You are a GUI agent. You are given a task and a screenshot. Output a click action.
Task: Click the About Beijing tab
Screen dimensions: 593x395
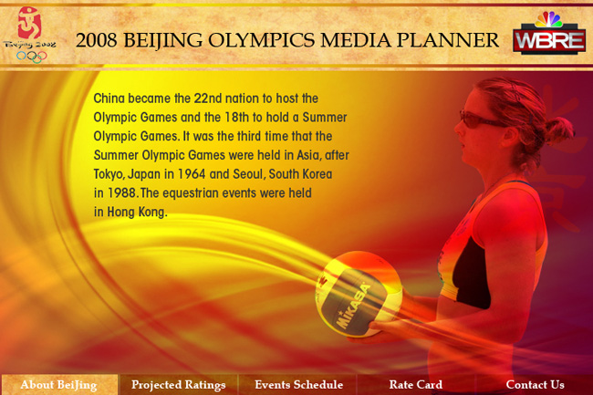click(59, 385)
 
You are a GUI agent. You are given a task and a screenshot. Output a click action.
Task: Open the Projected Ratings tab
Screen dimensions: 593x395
click(178, 385)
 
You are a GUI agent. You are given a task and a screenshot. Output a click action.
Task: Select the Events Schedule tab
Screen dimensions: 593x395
click(298, 385)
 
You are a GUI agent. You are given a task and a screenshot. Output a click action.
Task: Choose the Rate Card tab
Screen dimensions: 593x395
click(416, 385)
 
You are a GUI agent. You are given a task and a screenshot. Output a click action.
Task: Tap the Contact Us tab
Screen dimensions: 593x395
click(535, 385)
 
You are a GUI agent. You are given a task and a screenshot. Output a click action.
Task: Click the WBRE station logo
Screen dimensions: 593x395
click(549, 39)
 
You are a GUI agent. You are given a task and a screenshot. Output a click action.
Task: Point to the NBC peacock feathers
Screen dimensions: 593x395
click(549, 19)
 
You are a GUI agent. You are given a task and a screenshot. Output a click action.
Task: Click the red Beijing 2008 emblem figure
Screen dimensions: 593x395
click(29, 23)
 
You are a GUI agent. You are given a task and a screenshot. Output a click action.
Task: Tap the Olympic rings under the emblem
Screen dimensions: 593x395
click(32, 57)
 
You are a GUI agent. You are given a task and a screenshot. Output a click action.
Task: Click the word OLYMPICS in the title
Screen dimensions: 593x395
click(261, 40)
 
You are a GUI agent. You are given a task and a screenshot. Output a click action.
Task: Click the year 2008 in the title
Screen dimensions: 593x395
click(97, 40)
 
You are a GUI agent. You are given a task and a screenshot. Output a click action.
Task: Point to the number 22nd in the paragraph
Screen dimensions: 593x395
click(208, 99)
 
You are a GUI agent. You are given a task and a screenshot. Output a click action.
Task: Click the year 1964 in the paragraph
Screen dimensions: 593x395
click(192, 174)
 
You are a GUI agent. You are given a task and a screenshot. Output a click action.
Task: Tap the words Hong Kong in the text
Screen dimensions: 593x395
click(137, 212)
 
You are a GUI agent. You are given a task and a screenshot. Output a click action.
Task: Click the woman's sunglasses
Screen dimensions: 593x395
click(480, 120)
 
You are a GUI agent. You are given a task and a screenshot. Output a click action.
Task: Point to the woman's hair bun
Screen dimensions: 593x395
click(559, 130)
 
